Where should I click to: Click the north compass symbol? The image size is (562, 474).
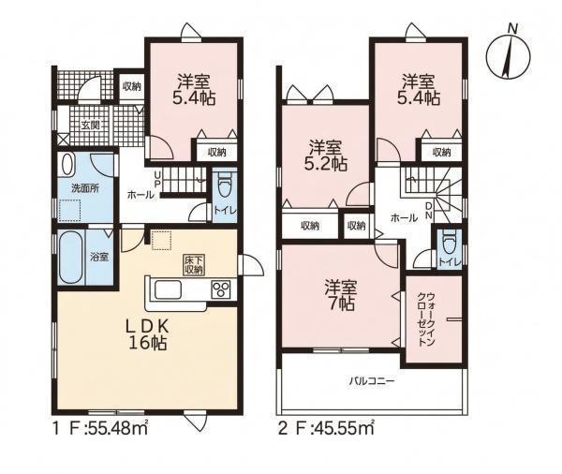pos(508,56)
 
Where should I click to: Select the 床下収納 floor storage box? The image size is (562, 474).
pos(194,265)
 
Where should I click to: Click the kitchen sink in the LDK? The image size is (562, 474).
pos(168,289)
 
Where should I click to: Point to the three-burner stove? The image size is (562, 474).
pos(221,289)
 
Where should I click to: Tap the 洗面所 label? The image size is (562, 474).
pos(85,188)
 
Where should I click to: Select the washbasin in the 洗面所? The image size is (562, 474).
pos(67,164)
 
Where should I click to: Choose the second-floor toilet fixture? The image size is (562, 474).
pos(449,240)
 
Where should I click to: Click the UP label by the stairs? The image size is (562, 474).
pos(157,179)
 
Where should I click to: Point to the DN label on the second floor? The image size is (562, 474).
pos(429,211)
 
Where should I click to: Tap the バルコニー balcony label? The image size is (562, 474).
pos(372,380)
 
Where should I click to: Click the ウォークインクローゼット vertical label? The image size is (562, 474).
pos(426,319)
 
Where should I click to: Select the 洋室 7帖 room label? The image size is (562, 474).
pos(341,295)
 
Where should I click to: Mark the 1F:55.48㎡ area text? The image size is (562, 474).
pos(100,428)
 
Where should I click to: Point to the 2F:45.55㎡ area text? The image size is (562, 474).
pos(327,428)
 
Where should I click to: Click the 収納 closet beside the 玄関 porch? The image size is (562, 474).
pos(131,86)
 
